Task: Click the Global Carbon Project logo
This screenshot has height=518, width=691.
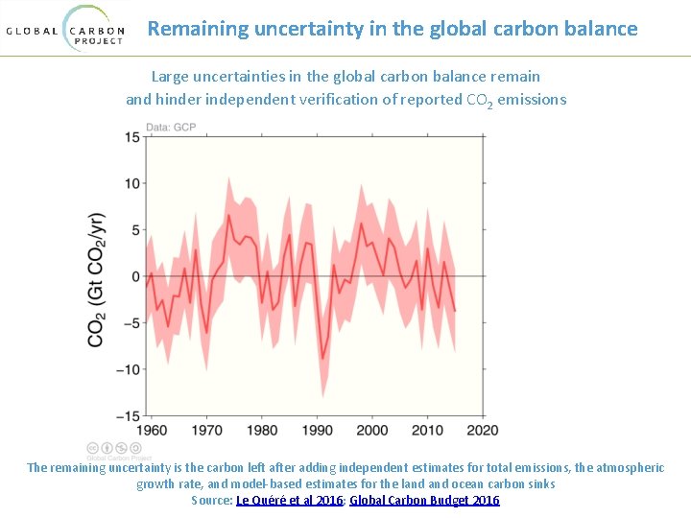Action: coord(66,29)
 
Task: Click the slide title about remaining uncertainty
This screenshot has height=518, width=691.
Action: coord(393,29)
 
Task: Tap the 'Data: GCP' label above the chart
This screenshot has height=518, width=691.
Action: coord(171,128)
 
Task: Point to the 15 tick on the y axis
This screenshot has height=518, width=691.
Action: coord(131,137)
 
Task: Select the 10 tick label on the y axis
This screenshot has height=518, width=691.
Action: coord(131,183)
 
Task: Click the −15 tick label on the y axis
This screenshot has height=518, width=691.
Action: coord(128,415)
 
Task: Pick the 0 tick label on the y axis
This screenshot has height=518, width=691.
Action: coord(136,276)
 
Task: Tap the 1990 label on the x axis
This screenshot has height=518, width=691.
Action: coord(318,431)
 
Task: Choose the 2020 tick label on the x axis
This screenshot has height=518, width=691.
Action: coord(483,431)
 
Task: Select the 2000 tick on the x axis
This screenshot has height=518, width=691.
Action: coord(372,431)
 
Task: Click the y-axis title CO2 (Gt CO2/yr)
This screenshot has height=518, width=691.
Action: coord(97,278)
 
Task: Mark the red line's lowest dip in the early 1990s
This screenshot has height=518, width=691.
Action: coord(322,359)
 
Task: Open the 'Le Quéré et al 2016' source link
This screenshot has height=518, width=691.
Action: coord(290,500)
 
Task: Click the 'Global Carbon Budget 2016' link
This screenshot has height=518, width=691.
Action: coord(424,500)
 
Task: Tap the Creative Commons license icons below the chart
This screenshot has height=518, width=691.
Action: coord(114,448)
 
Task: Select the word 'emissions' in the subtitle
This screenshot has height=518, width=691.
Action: coord(532,99)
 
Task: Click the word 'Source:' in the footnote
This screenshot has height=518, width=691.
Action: coord(212,500)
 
